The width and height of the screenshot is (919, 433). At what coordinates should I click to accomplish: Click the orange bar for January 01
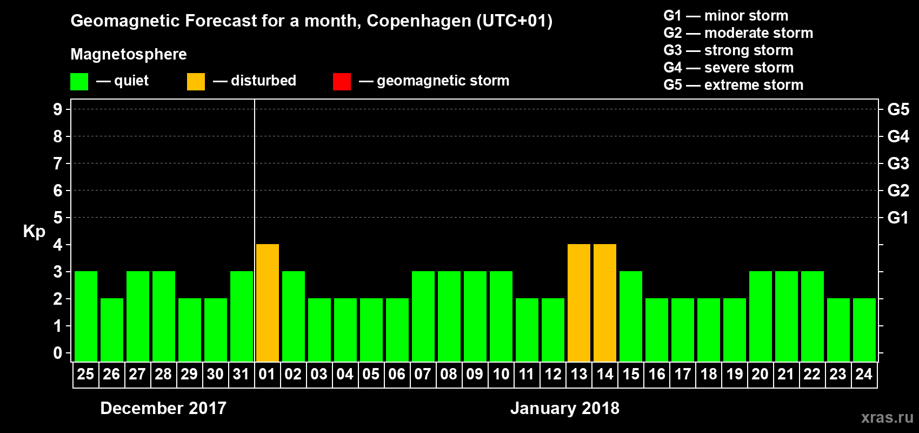(268, 303)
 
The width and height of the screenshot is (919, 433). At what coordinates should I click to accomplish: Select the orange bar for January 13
(579, 303)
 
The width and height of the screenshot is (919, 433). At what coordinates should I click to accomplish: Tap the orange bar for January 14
(605, 303)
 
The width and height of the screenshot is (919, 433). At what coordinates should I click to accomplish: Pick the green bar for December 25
(86, 316)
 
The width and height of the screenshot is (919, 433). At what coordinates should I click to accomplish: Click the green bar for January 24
(864, 330)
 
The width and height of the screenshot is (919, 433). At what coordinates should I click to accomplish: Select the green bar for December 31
(242, 316)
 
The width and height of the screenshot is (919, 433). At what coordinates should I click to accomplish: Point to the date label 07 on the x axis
(423, 374)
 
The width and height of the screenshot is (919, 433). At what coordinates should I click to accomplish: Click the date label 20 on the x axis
(760, 374)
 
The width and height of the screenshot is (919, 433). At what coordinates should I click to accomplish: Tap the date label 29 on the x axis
(189, 374)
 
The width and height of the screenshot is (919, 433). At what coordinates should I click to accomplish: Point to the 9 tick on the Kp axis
(58, 109)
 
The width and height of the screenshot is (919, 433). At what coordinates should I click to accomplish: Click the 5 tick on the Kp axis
(58, 218)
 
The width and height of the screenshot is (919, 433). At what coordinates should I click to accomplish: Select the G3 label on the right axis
(898, 163)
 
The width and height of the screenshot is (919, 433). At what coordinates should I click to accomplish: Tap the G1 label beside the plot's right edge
(898, 218)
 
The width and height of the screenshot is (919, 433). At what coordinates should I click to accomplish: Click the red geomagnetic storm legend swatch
(342, 82)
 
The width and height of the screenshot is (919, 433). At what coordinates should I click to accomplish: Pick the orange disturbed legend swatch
(196, 82)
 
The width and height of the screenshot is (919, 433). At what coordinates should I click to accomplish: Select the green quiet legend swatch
(79, 82)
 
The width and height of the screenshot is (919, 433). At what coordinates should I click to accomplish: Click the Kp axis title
(34, 231)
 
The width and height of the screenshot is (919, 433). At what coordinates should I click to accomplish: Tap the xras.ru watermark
(887, 417)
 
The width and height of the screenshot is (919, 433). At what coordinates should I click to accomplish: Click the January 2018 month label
(565, 408)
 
